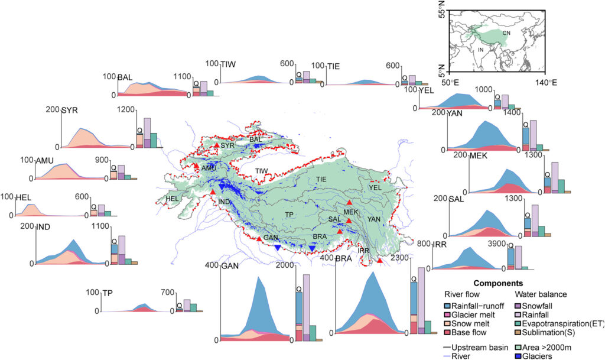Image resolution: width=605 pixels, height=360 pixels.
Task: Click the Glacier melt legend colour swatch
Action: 447,315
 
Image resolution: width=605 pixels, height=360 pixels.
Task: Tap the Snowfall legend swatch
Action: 518,306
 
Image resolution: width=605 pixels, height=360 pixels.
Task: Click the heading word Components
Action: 498,284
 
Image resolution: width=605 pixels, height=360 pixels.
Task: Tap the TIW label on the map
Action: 261,171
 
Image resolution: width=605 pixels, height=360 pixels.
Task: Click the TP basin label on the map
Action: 290,214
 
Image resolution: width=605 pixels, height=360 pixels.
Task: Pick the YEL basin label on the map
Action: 375,188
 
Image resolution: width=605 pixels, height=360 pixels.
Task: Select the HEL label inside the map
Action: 172,199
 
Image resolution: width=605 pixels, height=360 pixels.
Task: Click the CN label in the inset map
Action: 506,33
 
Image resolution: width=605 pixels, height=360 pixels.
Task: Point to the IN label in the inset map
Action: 481,50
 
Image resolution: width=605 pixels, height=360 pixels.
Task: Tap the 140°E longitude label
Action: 545,82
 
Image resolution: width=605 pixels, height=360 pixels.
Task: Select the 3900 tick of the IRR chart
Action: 496,244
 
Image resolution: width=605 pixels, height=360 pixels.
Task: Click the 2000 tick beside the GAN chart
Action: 285,265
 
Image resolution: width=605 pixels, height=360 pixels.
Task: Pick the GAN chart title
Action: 230,266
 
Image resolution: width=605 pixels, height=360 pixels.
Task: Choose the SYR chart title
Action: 70,111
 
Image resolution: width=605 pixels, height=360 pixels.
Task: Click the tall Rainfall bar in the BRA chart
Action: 421,300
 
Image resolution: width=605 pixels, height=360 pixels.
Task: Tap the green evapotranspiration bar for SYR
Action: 153,140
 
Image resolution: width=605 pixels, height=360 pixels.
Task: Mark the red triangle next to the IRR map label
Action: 380,261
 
